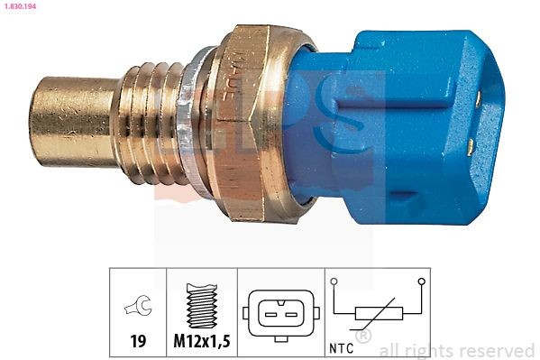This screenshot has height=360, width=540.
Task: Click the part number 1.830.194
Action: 23,7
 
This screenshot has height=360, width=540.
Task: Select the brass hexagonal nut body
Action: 248,122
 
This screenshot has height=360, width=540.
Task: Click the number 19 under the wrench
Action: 138,343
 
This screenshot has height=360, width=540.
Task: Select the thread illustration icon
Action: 201,306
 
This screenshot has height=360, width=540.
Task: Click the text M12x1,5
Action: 202,343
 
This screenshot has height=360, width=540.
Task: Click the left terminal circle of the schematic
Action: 334,282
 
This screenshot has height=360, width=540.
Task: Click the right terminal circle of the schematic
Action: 421,282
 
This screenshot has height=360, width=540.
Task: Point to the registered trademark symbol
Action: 363,337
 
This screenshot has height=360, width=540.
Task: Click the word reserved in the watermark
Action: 496,350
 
